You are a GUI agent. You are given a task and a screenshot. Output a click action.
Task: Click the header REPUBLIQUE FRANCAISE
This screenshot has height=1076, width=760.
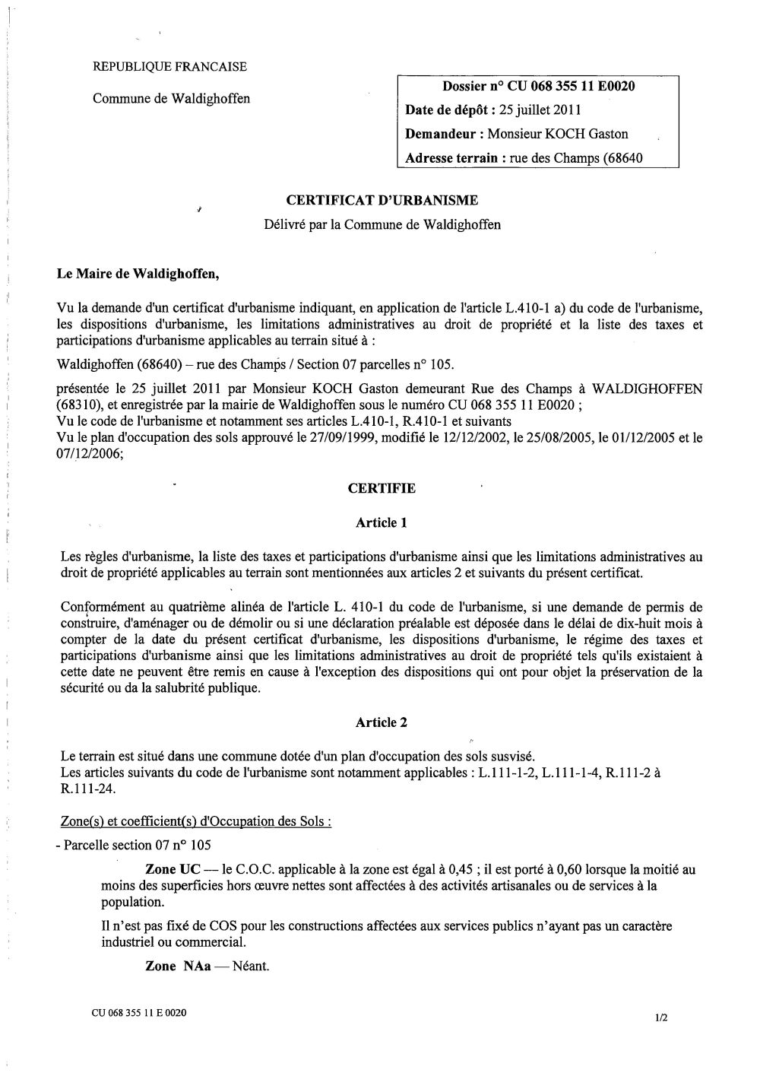(x=169, y=67)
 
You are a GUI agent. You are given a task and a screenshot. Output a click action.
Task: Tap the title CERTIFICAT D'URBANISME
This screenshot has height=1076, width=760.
(x=382, y=201)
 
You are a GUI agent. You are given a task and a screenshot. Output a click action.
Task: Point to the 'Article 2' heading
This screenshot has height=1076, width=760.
(x=382, y=722)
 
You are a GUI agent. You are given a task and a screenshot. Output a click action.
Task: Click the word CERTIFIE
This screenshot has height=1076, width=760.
(x=382, y=488)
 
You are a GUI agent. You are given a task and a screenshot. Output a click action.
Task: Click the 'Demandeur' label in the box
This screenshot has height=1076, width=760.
(x=444, y=134)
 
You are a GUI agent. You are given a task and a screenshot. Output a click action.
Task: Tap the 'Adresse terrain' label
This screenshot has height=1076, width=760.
(x=452, y=158)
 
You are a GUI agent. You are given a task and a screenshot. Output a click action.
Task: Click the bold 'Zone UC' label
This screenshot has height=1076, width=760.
(x=173, y=869)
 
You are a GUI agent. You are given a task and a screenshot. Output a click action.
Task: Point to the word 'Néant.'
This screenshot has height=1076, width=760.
(x=251, y=966)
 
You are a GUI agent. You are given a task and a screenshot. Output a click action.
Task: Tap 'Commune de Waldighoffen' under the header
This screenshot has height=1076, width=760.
(x=171, y=98)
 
